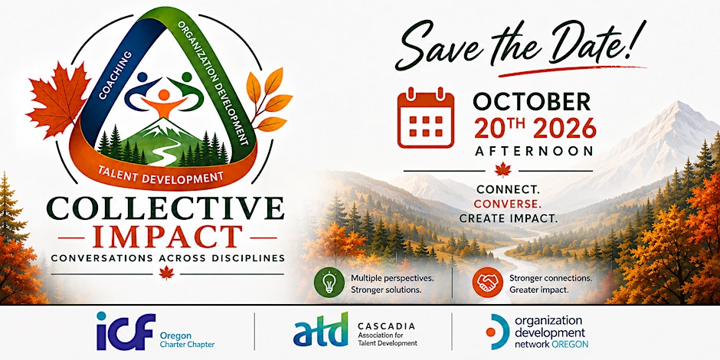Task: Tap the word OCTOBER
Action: coord(532,101)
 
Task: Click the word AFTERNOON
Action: coord(533,151)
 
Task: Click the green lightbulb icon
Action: coord(329,283)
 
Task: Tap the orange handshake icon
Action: coord(487,283)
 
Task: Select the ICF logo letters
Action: coord(126,331)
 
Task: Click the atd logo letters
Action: coord(320,329)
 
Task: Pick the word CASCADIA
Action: coord(386,326)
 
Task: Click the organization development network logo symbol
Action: coord(496,332)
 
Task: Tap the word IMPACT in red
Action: coord(167,237)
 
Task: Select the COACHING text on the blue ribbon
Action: coord(115,75)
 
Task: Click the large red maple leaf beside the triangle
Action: coord(58,100)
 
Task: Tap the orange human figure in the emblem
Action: coord(164,103)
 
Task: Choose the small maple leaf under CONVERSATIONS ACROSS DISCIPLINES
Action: coord(166,273)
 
